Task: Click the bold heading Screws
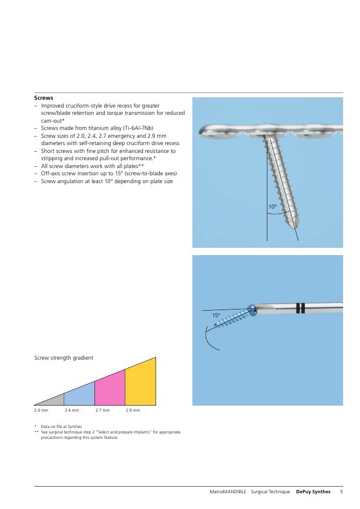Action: click(44, 98)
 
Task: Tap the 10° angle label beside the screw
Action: click(273, 207)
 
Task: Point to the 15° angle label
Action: click(216, 315)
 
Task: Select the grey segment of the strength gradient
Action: click(54, 401)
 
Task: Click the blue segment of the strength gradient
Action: click(79, 395)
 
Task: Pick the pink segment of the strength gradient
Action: click(110, 389)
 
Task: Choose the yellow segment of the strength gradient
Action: click(140, 384)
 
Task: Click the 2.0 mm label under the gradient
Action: click(41, 410)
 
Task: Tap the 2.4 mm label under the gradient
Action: click(72, 410)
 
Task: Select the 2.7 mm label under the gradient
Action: click(102, 410)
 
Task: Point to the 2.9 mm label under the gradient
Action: click(133, 410)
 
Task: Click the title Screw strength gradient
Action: click(64, 358)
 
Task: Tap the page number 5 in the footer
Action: click(341, 491)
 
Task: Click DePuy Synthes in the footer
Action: click(313, 491)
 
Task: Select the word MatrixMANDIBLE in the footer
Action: click(227, 491)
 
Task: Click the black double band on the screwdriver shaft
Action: click(301, 308)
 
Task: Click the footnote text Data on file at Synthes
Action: click(61, 427)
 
